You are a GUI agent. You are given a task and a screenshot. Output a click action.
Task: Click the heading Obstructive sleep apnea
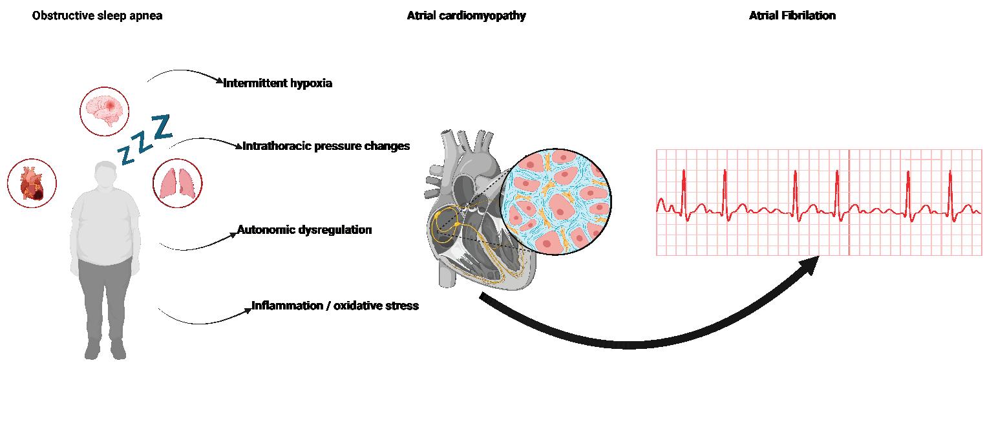[97, 16]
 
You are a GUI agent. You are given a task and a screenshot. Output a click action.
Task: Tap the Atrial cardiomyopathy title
[466, 16]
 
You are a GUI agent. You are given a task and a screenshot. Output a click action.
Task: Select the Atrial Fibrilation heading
[792, 16]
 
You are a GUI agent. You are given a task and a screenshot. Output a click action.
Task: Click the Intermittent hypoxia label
[277, 83]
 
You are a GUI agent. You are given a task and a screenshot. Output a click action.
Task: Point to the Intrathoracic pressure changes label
[326, 146]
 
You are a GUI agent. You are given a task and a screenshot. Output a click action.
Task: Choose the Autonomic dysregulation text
[304, 230]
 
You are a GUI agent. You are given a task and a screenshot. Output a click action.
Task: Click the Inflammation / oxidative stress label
[335, 306]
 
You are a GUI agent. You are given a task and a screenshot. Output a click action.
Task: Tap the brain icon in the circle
[105, 109]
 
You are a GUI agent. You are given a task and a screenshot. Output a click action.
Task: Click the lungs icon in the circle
[177, 183]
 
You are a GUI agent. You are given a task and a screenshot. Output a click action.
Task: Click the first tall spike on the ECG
[684, 187]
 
